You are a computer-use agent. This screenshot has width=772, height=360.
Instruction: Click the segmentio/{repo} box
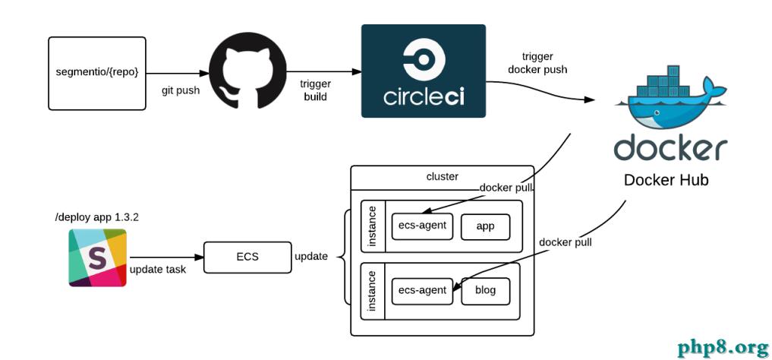tap(97, 72)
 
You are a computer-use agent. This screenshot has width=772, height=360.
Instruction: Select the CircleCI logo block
tap(423, 71)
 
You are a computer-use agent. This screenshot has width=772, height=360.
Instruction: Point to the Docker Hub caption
tap(666, 180)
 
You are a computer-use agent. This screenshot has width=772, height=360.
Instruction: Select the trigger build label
tap(315, 90)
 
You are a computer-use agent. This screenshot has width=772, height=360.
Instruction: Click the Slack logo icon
tap(97, 257)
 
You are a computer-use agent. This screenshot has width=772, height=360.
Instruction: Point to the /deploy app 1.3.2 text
tap(96, 217)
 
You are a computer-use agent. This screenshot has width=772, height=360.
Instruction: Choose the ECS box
tap(247, 257)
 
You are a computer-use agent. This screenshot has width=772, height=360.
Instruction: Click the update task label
tap(159, 270)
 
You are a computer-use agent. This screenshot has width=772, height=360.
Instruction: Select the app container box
tap(486, 226)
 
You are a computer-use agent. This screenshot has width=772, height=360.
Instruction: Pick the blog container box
tap(485, 291)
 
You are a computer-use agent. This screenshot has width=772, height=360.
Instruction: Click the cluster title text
tap(443, 176)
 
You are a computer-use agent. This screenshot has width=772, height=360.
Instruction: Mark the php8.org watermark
tap(723, 347)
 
